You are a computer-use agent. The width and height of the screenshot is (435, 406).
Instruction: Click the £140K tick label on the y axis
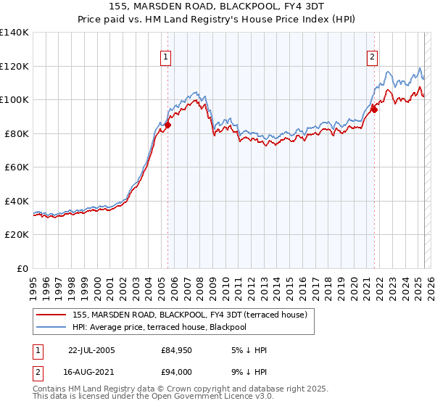click(x=14, y=33)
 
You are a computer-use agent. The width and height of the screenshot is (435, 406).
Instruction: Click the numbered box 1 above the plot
click(x=166, y=57)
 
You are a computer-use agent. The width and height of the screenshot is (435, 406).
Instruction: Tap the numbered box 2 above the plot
click(x=372, y=57)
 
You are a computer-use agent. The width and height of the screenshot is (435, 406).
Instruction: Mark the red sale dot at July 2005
click(x=167, y=125)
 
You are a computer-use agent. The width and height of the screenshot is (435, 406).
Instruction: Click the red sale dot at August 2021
click(x=375, y=109)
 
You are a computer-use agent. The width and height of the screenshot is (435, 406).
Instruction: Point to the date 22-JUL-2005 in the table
click(x=91, y=350)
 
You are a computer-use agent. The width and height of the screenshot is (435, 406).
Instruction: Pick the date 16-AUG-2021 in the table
click(x=92, y=370)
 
